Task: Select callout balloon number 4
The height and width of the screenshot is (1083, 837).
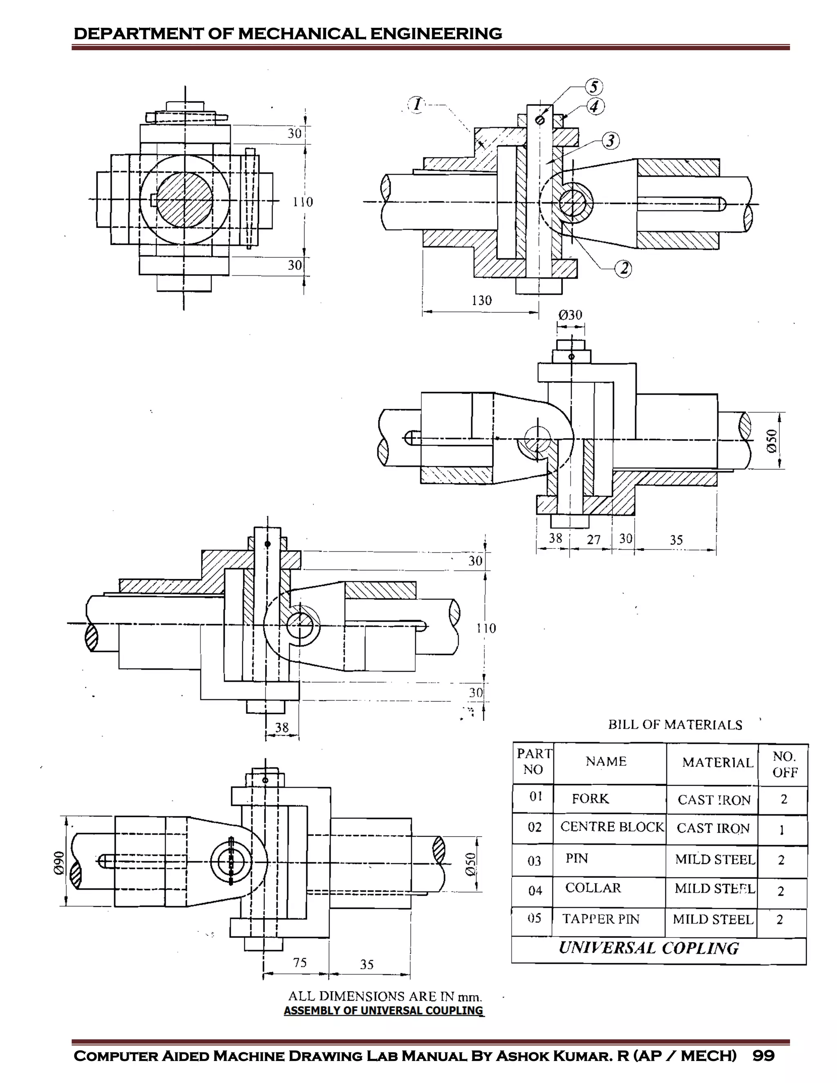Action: [x=595, y=106]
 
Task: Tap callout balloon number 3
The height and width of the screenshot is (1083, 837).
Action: [x=611, y=141]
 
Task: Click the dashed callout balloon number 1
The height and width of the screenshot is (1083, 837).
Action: [x=416, y=105]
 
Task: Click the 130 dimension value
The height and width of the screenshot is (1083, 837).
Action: [x=481, y=300]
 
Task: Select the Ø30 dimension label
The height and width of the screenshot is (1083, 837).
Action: [x=570, y=316]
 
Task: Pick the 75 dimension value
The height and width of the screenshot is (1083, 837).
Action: [x=300, y=962]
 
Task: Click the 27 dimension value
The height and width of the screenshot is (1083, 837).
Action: [x=593, y=540]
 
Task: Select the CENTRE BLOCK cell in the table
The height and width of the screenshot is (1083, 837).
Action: [x=612, y=827]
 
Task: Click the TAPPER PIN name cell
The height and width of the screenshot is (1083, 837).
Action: [x=600, y=919]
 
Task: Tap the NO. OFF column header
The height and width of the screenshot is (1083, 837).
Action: [x=784, y=764]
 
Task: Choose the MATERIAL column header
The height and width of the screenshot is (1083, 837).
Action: [x=717, y=763]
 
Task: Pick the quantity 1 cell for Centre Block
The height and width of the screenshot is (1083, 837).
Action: [x=782, y=829]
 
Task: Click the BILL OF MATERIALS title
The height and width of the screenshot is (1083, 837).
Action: [x=675, y=725]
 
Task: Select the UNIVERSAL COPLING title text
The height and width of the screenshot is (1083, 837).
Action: [x=649, y=948]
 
